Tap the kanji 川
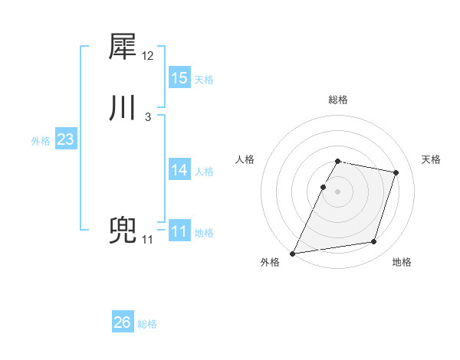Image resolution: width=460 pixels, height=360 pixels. point(123,108)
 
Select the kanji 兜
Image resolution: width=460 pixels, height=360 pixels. point(123,231)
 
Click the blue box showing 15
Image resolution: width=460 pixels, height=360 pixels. point(179,78)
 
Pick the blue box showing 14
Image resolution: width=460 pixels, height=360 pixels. point(179,170)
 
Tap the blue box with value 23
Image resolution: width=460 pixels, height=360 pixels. point(66,140)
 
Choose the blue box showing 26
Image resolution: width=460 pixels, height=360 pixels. point(123,322)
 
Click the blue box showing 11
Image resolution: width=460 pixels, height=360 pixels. point(179,231)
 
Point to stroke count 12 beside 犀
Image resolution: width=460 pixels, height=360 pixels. point(148,56)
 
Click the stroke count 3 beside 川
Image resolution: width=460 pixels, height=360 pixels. point(147,117)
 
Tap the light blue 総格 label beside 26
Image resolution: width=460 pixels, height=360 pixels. point(147,325)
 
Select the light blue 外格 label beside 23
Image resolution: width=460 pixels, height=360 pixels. point(41,141)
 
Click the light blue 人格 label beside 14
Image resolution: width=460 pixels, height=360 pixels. point(204,172)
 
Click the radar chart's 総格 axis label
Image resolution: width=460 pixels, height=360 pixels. point(338,100)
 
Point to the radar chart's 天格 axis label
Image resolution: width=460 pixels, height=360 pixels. point(432,159)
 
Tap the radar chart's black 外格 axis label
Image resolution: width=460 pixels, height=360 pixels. point(270,263)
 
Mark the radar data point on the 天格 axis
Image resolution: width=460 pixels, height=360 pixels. point(396,172)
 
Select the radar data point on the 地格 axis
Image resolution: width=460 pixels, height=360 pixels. point(374,242)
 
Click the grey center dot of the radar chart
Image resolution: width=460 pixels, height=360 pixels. point(338,191)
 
